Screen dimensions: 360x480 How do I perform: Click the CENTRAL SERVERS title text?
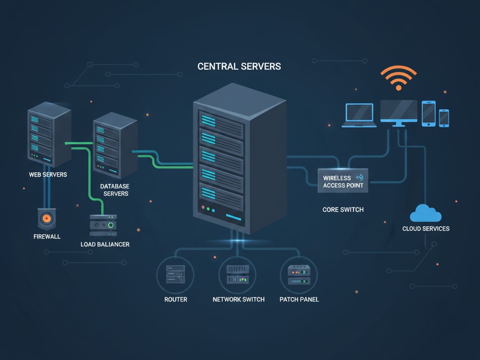[239, 66]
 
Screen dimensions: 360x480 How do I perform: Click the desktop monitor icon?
[399, 113]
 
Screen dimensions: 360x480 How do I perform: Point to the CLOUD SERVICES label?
[426, 229]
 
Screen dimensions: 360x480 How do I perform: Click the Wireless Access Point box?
[343, 181]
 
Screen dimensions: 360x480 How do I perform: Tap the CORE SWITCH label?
[343, 209]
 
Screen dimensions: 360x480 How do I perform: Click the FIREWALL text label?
[47, 237]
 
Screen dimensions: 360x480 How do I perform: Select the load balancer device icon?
[103, 225]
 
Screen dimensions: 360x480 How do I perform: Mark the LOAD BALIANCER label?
[105, 244]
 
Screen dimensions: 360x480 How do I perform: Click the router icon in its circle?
[175, 275]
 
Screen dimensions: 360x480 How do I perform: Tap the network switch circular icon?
[238, 275]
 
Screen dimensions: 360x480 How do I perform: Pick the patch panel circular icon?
[299, 275]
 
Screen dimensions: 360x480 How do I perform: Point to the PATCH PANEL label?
[299, 299]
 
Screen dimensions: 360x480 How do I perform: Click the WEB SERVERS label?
[48, 174]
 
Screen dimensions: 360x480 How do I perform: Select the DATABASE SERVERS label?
[115, 190]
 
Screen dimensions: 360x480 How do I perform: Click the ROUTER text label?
[176, 299]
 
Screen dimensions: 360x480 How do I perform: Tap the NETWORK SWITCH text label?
[239, 299]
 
